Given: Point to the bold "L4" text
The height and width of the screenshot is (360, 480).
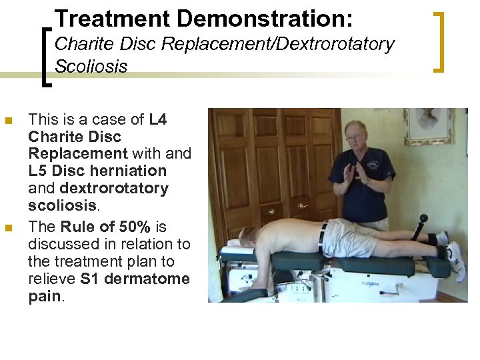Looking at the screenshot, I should pyautogui.click(x=158, y=119).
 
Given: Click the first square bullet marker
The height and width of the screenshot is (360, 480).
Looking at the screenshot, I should pyautogui.click(x=9, y=121).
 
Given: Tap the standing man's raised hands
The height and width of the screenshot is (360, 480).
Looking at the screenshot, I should pyautogui.click(x=352, y=172).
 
